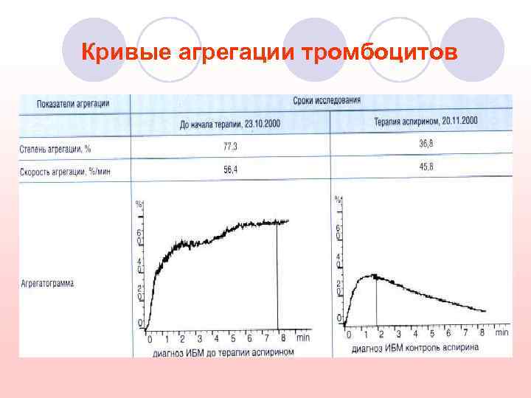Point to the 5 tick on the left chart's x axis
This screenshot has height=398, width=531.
[x=233, y=339]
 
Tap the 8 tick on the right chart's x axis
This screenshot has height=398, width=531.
[x=482, y=332]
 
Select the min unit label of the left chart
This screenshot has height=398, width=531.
[x=302, y=338]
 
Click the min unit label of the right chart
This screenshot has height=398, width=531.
[x=502, y=332]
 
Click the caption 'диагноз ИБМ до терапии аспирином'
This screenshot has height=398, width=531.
[x=223, y=352]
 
